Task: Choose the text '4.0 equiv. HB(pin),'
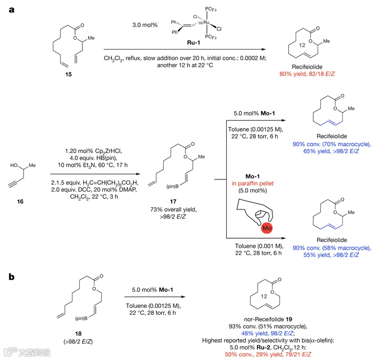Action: point(97,146)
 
